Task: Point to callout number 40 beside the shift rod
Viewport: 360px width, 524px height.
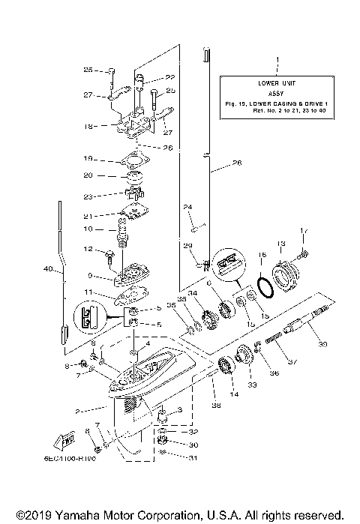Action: [x=48, y=268]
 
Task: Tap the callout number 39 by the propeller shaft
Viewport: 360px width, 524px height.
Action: [x=323, y=344]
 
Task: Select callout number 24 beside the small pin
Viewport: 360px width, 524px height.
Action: [x=188, y=207]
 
